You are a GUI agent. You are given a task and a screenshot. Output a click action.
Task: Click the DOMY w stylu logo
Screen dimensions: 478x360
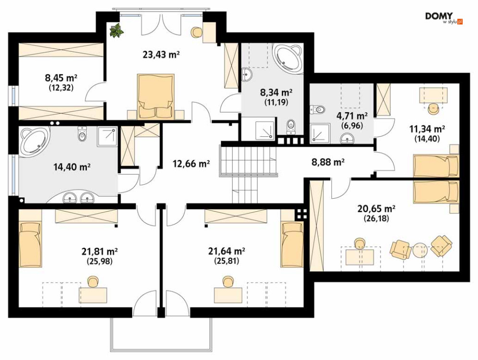click(x=444, y=18)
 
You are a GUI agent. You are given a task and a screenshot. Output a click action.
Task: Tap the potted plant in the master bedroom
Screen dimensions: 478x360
click(x=117, y=30)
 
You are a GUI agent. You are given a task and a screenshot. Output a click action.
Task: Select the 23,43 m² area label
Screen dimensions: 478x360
click(x=160, y=55)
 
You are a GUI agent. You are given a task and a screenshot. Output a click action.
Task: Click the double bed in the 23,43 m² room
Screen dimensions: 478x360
click(x=156, y=96)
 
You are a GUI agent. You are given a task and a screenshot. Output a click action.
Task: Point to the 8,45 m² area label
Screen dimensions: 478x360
click(x=61, y=78)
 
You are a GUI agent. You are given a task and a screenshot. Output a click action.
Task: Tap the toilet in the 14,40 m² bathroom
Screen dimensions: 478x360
click(x=83, y=134)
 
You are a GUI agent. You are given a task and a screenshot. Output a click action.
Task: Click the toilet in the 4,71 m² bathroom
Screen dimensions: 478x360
click(x=318, y=109)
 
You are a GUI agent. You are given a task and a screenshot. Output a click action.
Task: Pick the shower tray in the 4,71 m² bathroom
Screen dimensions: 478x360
click(x=320, y=133)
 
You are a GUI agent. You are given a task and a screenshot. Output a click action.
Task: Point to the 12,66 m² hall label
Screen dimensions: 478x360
click(x=191, y=164)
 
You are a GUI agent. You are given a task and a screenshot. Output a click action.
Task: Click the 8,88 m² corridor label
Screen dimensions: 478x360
click(x=328, y=162)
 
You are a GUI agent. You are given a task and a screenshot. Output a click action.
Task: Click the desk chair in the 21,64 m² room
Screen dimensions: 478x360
click(x=227, y=282)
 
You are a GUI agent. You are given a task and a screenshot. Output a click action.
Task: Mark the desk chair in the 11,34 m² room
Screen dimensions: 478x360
click(x=432, y=108)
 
